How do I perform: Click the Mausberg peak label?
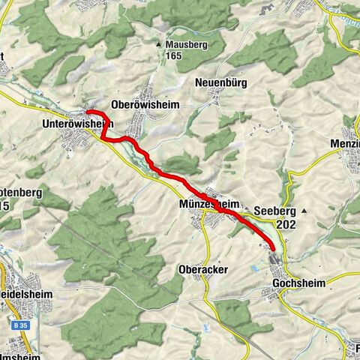[185, 44]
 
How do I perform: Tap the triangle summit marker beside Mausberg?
[158, 44]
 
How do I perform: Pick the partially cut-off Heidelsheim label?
[26, 295]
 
